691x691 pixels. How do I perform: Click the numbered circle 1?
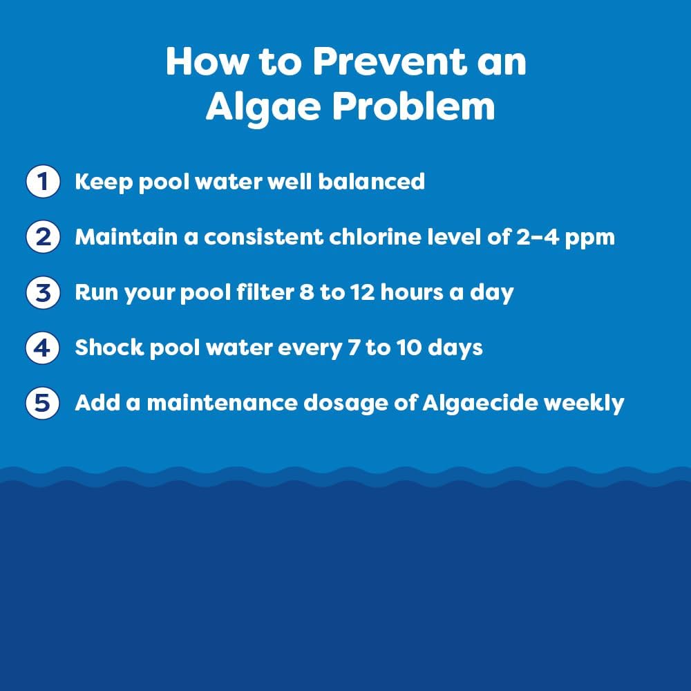pyautogui.click(x=43, y=182)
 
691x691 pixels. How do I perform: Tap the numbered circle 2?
pyautogui.click(x=43, y=238)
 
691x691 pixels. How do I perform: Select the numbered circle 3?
pyautogui.click(x=43, y=293)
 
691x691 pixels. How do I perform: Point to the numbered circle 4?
pyautogui.click(x=43, y=348)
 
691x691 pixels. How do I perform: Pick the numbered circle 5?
pyautogui.click(x=43, y=404)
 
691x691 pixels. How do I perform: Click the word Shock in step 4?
pyautogui.click(x=100, y=348)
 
